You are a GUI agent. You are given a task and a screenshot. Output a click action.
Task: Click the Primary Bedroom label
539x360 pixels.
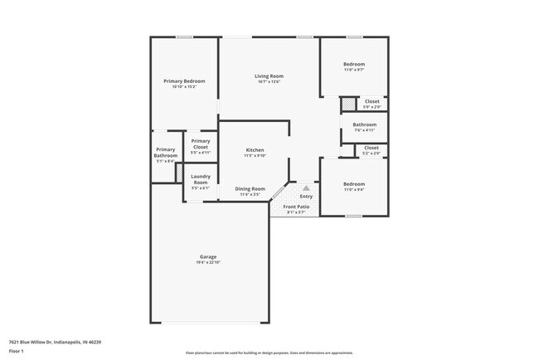point(184,81)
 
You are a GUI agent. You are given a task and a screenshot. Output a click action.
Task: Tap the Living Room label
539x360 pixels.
point(269,76)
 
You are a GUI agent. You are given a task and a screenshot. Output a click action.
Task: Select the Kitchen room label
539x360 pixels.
point(255,150)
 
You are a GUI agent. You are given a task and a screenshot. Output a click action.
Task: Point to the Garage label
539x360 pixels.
point(207,257)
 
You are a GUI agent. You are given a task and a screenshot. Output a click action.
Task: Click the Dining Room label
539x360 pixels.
point(251,188)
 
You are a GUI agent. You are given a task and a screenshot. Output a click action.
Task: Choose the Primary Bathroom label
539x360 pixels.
point(165,153)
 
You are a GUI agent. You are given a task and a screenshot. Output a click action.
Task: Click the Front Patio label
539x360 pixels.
point(296,207)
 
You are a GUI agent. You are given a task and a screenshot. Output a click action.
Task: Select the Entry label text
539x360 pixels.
point(306,197)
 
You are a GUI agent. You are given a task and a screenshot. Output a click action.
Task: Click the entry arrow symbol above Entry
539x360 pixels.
point(306,188)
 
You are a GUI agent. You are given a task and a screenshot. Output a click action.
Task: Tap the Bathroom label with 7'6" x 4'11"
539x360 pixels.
point(365,124)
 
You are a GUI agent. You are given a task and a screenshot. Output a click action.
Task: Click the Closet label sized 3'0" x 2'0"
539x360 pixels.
point(372,101)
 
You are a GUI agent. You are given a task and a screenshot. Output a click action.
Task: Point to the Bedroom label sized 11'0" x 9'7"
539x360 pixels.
point(354,64)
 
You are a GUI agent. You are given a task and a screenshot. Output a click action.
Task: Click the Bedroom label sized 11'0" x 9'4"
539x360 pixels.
point(354,183)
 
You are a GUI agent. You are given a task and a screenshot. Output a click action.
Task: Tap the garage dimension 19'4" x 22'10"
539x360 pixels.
point(207,263)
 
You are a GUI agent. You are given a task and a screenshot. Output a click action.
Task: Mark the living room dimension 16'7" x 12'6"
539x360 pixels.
point(269,82)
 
